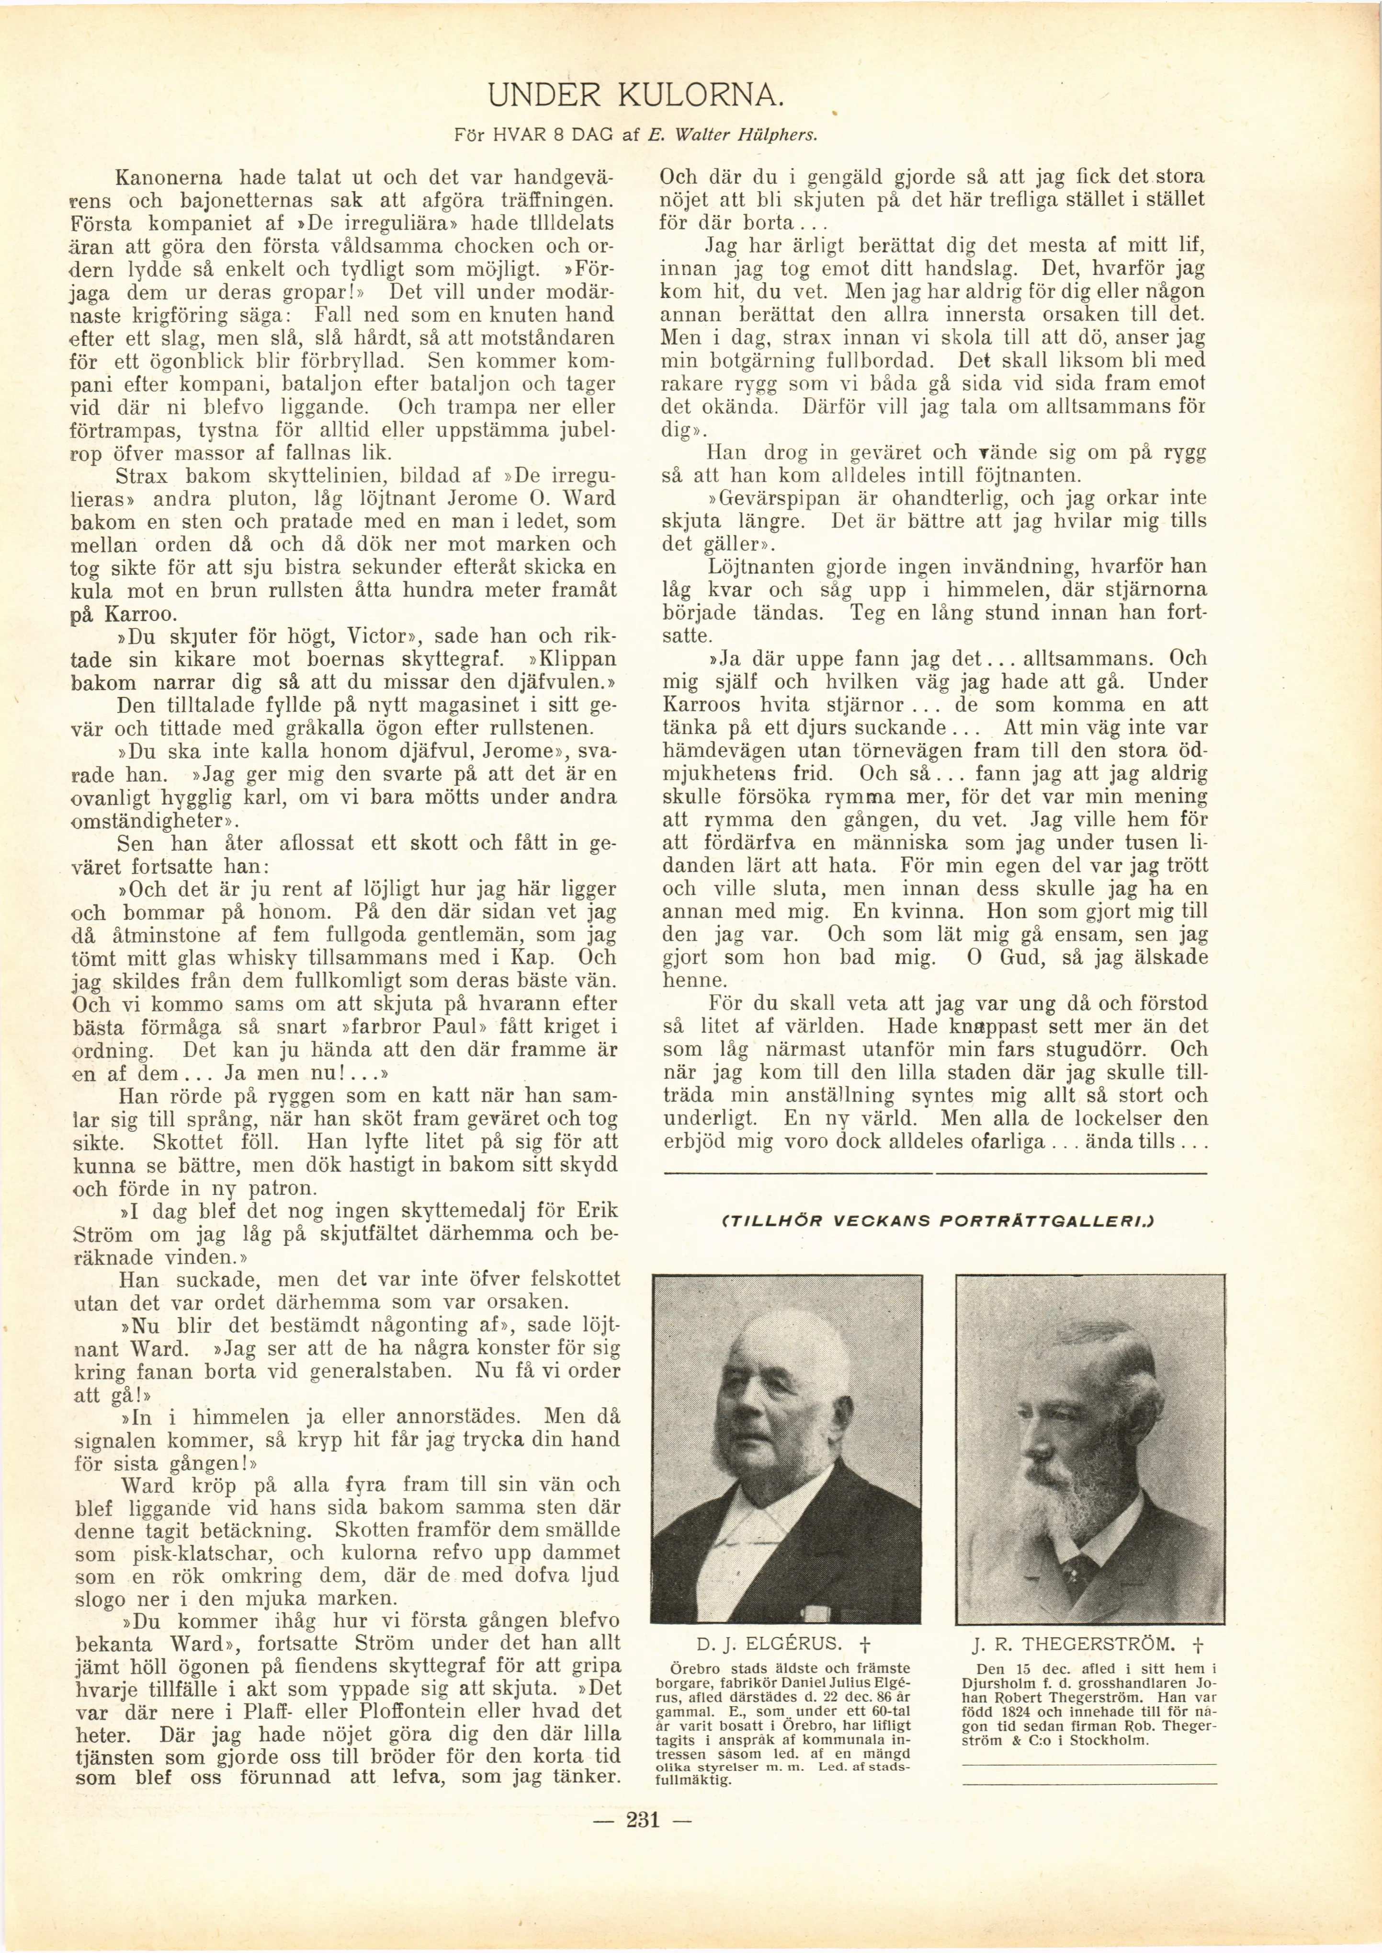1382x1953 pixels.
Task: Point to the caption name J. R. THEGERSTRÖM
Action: pyautogui.click(x=1076, y=1643)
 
